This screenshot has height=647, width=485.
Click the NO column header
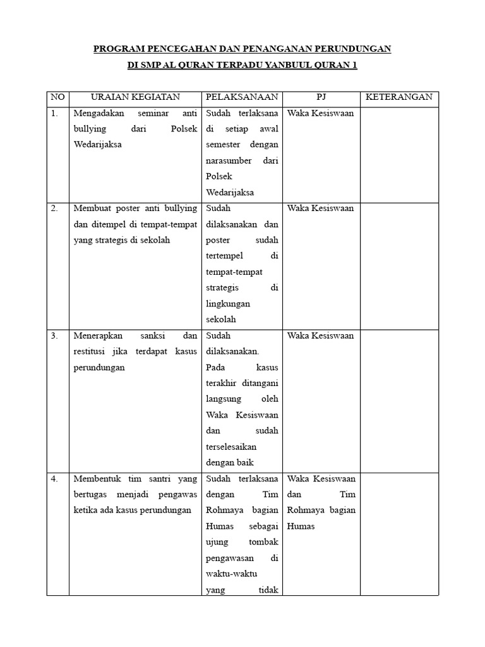[x=57, y=97]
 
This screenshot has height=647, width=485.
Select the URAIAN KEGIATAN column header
[x=135, y=97]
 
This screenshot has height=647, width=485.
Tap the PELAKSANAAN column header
[x=242, y=97]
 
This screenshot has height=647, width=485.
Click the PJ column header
[x=320, y=97]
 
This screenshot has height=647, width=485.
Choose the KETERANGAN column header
[x=399, y=97]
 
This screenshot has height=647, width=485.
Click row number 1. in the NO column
[x=55, y=114]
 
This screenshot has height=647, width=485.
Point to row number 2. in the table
[x=55, y=209]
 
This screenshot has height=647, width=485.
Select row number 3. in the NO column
[x=55, y=336]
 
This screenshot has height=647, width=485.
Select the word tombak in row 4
[x=264, y=543]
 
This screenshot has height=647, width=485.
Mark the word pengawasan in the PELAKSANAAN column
[x=229, y=559]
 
